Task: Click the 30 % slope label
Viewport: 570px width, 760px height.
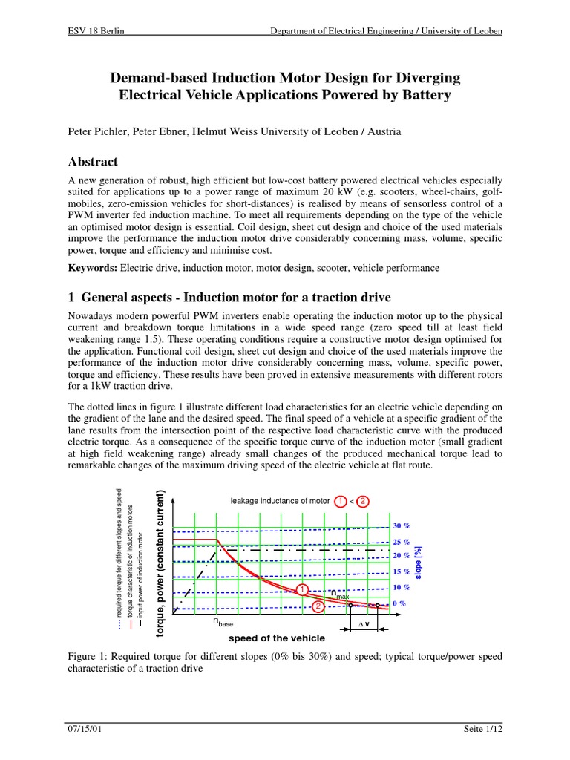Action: [x=402, y=525]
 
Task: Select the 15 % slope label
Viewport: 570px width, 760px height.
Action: [x=402, y=571]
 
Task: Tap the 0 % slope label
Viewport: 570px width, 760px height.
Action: [x=399, y=603]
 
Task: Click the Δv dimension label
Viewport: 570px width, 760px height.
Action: [x=364, y=624]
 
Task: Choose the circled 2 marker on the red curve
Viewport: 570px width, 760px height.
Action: [x=318, y=606]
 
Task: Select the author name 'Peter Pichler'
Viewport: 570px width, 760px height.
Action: [x=94, y=131]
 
